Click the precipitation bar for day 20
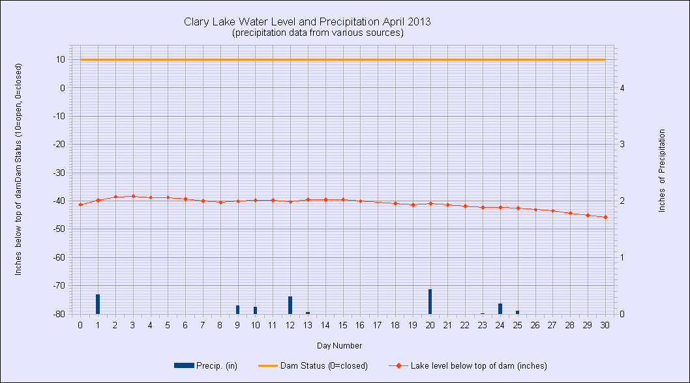(x=430, y=302)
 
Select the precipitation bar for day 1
(x=98, y=304)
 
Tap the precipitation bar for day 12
(x=290, y=305)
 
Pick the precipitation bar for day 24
(x=500, y=309)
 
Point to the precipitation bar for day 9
(x=237, y=309)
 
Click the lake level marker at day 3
(x=133, y=196)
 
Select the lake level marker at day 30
(x=605, y=217)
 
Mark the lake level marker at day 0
(x=80, y=205)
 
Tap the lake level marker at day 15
(x=343, y=199)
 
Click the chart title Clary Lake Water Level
(x=308, y=21)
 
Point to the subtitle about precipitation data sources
(x=318, y=33)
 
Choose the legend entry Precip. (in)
(x=205, y=365)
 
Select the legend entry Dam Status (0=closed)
(x=315, y=365)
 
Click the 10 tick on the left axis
(x=59, y=59)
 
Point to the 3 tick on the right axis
(x=622, y=144)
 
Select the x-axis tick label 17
(x=378, y=325)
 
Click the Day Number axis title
(x=339, y=345)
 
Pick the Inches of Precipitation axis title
(x=662, y=170)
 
